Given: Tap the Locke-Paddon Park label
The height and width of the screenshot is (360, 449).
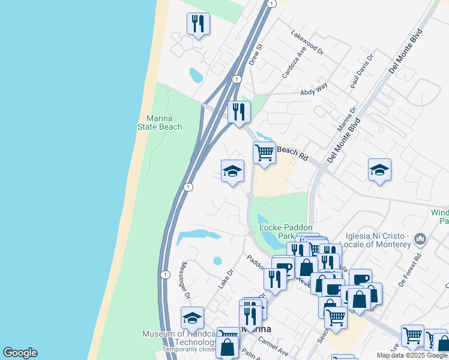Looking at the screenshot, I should pyautogui.click(x=286, y=232).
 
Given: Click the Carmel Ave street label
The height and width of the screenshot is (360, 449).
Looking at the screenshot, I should pyautogui.click(x=274, y=346).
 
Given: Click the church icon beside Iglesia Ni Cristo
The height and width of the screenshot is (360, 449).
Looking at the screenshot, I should pyautogui.click(x=420, y=239).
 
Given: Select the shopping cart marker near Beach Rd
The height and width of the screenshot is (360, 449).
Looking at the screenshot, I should pyautogui.click(x=264, y=153).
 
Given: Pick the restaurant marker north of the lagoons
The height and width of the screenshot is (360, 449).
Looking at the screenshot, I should pyautogui.click(x=198, y=24).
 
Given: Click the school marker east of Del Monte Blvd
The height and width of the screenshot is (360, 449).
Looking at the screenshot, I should pyautogui.click(x=379, y=170).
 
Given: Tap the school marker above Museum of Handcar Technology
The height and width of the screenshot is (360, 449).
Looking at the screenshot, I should pyautogui.click(x=192, y=317).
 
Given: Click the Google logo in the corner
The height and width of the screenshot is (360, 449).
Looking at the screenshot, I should pyautogui.click(x=20, y=353).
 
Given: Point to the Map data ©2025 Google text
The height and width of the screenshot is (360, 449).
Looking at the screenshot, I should pyautogui.click(x=412, y=355).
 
